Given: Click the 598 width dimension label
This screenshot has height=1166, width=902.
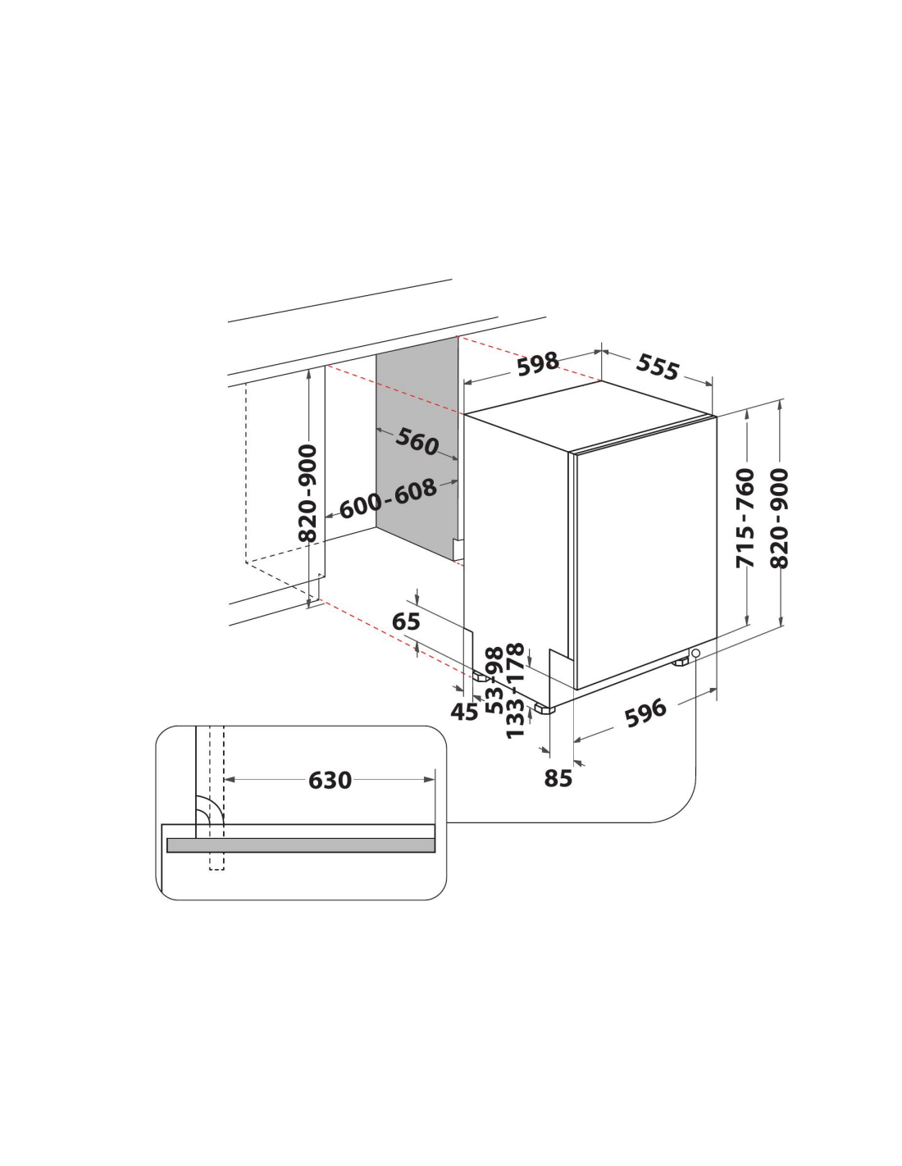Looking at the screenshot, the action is pos(538,364).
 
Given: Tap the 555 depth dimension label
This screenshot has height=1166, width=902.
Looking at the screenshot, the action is pos(658,367).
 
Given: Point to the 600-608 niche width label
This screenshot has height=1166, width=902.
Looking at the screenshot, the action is pos(388,499).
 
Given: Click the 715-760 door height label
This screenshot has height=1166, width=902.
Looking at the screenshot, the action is pos(745,517).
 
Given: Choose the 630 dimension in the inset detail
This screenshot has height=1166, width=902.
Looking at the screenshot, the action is pos(330,780).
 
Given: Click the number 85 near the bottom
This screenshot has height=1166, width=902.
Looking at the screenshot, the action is pos(558,778).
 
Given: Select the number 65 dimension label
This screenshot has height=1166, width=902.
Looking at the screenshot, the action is pos(406,622).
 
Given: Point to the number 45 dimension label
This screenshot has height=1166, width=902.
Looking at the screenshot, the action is pos(464,712).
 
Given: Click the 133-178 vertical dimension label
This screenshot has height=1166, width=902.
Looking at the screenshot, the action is pos(515,691).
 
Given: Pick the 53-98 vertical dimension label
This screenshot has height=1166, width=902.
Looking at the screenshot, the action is pos(494,681).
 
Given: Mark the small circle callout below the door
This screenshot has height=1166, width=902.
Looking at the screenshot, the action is pos(695,653).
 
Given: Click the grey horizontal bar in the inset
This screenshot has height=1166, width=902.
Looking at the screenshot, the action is pos(300,845).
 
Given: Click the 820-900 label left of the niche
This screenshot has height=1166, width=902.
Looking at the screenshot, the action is pos(307,493).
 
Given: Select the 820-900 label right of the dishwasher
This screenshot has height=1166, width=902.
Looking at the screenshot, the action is pos(778,517).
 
